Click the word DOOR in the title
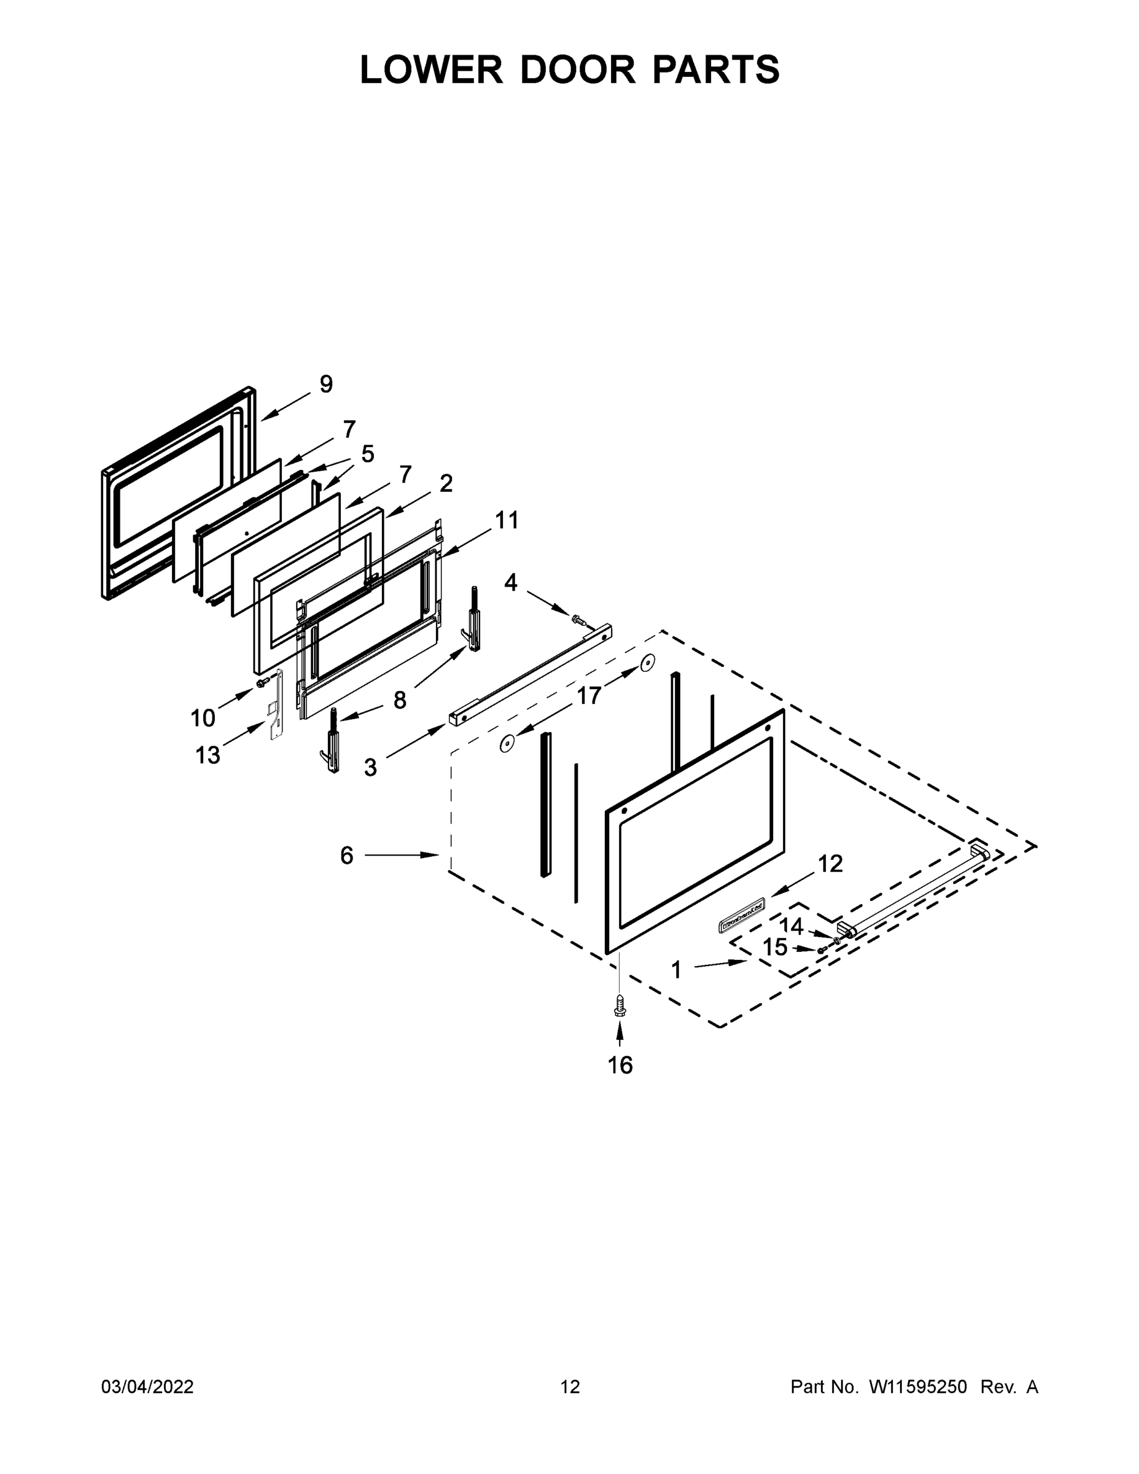(x=577, y=69)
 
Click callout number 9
(x=326, y=384)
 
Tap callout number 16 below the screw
(x=620, y=1065)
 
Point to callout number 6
(x=346, y=856)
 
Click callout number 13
(x=207, y=755)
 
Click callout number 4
(x=511, y=582)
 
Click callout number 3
(x=370, y=766)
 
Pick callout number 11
(x=507, y=520)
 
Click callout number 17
(x=588, y=695)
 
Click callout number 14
(x=791, y=926)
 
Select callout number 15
(x=775, y=948)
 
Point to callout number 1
(x=676, y=970)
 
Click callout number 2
(x=445, y=483)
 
